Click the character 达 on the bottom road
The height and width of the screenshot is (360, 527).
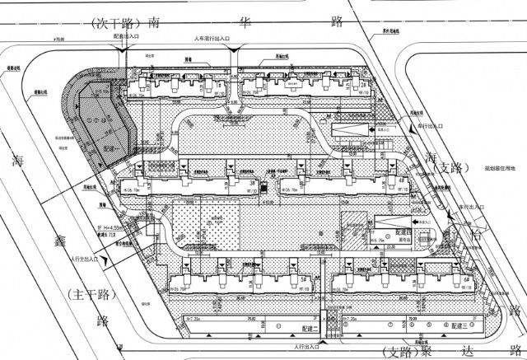480,352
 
